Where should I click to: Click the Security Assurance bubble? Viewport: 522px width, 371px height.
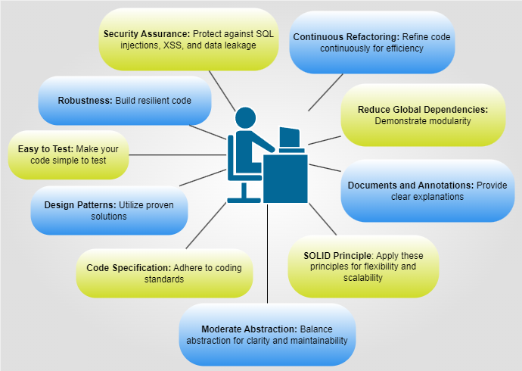click(190, 40)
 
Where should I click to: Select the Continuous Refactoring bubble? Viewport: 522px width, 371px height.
click(372, 42)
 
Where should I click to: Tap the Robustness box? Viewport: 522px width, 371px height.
click(124, 101)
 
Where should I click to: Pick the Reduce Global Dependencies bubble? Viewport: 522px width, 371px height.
click(423, 115)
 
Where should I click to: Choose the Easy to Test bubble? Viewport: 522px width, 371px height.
click(68, 154)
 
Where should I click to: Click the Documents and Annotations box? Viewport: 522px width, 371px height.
click(427, 190)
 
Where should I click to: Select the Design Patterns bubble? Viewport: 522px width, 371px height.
click(110, 210)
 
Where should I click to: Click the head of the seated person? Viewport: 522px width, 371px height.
click(247, 119)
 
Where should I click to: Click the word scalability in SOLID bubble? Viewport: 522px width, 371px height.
click(363, 278)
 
